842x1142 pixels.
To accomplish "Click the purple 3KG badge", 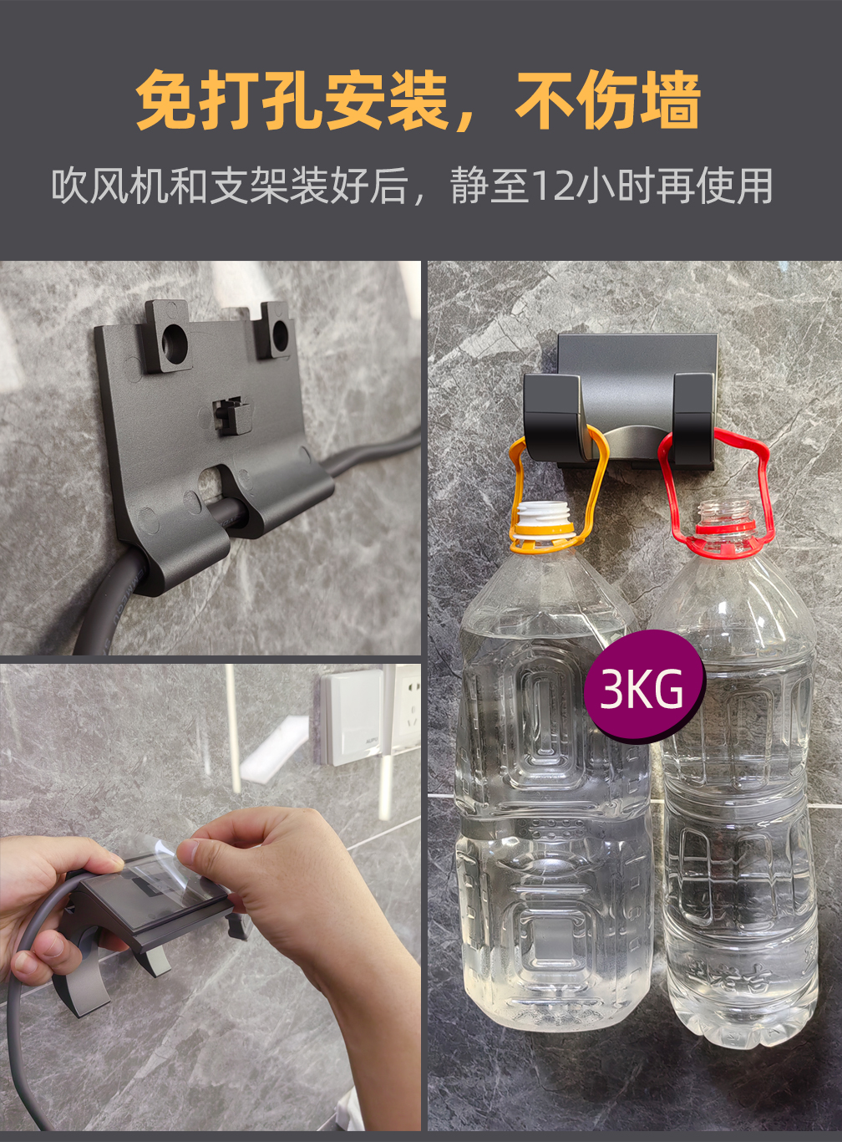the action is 644,686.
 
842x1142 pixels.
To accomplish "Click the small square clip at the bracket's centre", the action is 232,413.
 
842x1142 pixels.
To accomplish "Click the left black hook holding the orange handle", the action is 552,416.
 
